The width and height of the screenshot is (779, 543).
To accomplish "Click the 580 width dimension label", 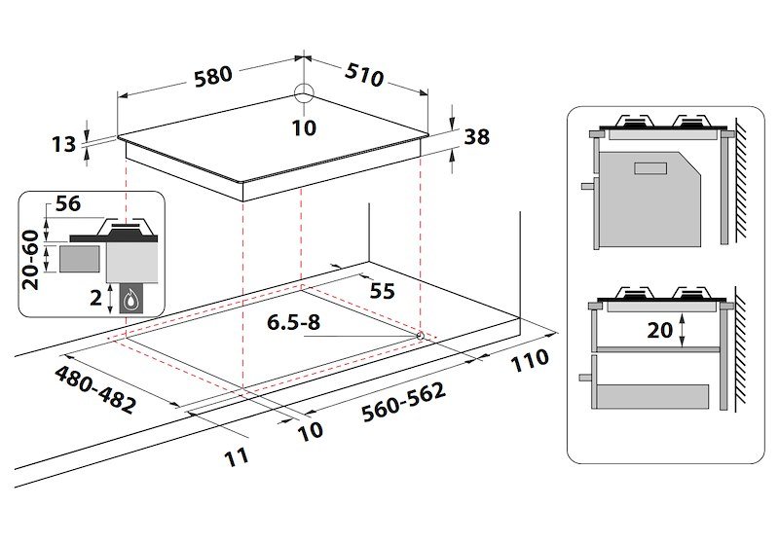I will (x=211, y=75).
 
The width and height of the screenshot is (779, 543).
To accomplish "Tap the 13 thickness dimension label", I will (x=63, y=145).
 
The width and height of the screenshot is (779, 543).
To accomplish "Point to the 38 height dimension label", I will (x=476, y=137).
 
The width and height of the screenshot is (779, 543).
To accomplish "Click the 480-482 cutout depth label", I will (x=95, y=389).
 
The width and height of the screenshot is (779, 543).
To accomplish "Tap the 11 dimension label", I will (x=237, y=454).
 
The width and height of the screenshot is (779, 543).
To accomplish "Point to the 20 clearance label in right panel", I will (x=660, y=330).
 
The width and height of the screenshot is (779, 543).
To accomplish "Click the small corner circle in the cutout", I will (x=419, y=335).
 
